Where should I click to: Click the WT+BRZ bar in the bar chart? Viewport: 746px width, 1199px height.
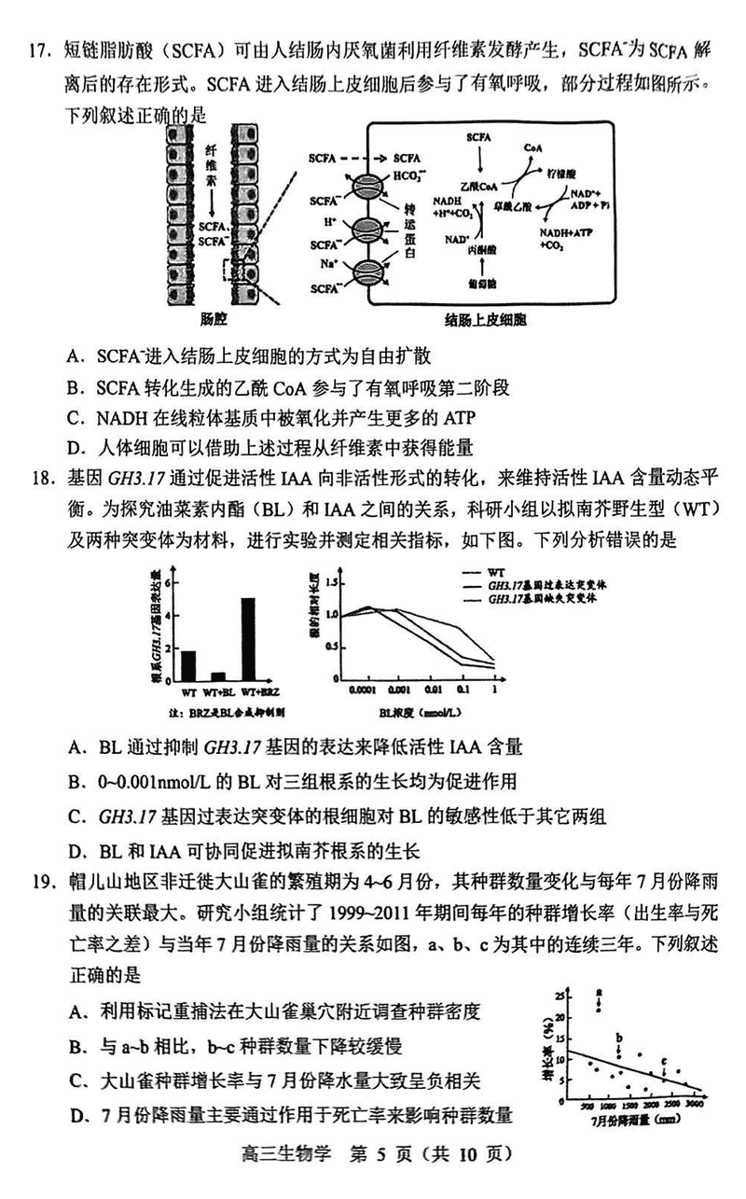[x=248, y=640]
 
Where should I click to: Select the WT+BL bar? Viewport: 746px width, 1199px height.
[x=218, y=677]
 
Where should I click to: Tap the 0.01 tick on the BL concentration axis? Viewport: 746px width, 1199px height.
[x=431, y=692]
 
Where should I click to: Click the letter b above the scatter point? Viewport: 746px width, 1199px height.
[x=618, y=1038]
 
